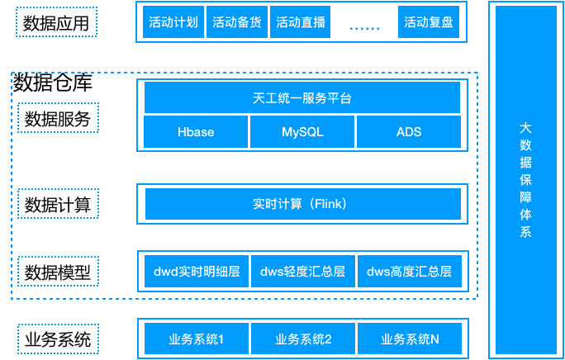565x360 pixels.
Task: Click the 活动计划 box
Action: coord(173,22)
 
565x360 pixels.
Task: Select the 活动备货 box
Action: coord(237,22)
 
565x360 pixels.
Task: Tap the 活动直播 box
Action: coord(301,22)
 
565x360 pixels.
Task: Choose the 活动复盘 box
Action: coord(429,22)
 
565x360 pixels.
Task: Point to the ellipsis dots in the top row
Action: coord(364,26)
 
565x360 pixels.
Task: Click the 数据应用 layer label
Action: coord(56,23)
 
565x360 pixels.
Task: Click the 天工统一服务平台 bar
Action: coord(302,98)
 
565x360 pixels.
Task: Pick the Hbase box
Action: coord(196,132)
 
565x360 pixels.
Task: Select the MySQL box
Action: coord(302,132)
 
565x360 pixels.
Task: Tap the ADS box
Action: coord(408,132)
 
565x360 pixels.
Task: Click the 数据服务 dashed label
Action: coord(58,118)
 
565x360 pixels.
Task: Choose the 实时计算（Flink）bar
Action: coord(302,203)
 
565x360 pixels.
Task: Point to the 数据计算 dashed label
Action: coord(58,203)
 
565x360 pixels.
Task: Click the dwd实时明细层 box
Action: coord(197,271)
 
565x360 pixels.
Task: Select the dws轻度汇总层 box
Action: coord(302,271)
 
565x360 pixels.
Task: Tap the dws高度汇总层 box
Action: coord(409,271)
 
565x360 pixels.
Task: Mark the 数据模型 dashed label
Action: coord(58,272)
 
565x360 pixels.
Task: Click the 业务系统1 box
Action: coord(197,339)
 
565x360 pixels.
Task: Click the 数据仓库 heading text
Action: coord(53,84)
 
